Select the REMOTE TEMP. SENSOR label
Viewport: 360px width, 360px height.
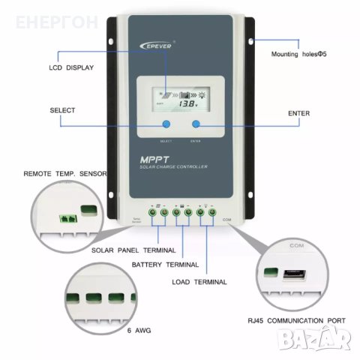click(x=65, y=173)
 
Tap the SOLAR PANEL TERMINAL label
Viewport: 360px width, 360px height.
click(x=133, y=250)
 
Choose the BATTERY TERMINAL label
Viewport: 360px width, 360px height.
click(x=165, y=265)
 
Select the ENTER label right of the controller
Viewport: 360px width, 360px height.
click(x=298, y=113)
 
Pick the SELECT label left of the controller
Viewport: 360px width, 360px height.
click(x=62, y=110)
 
